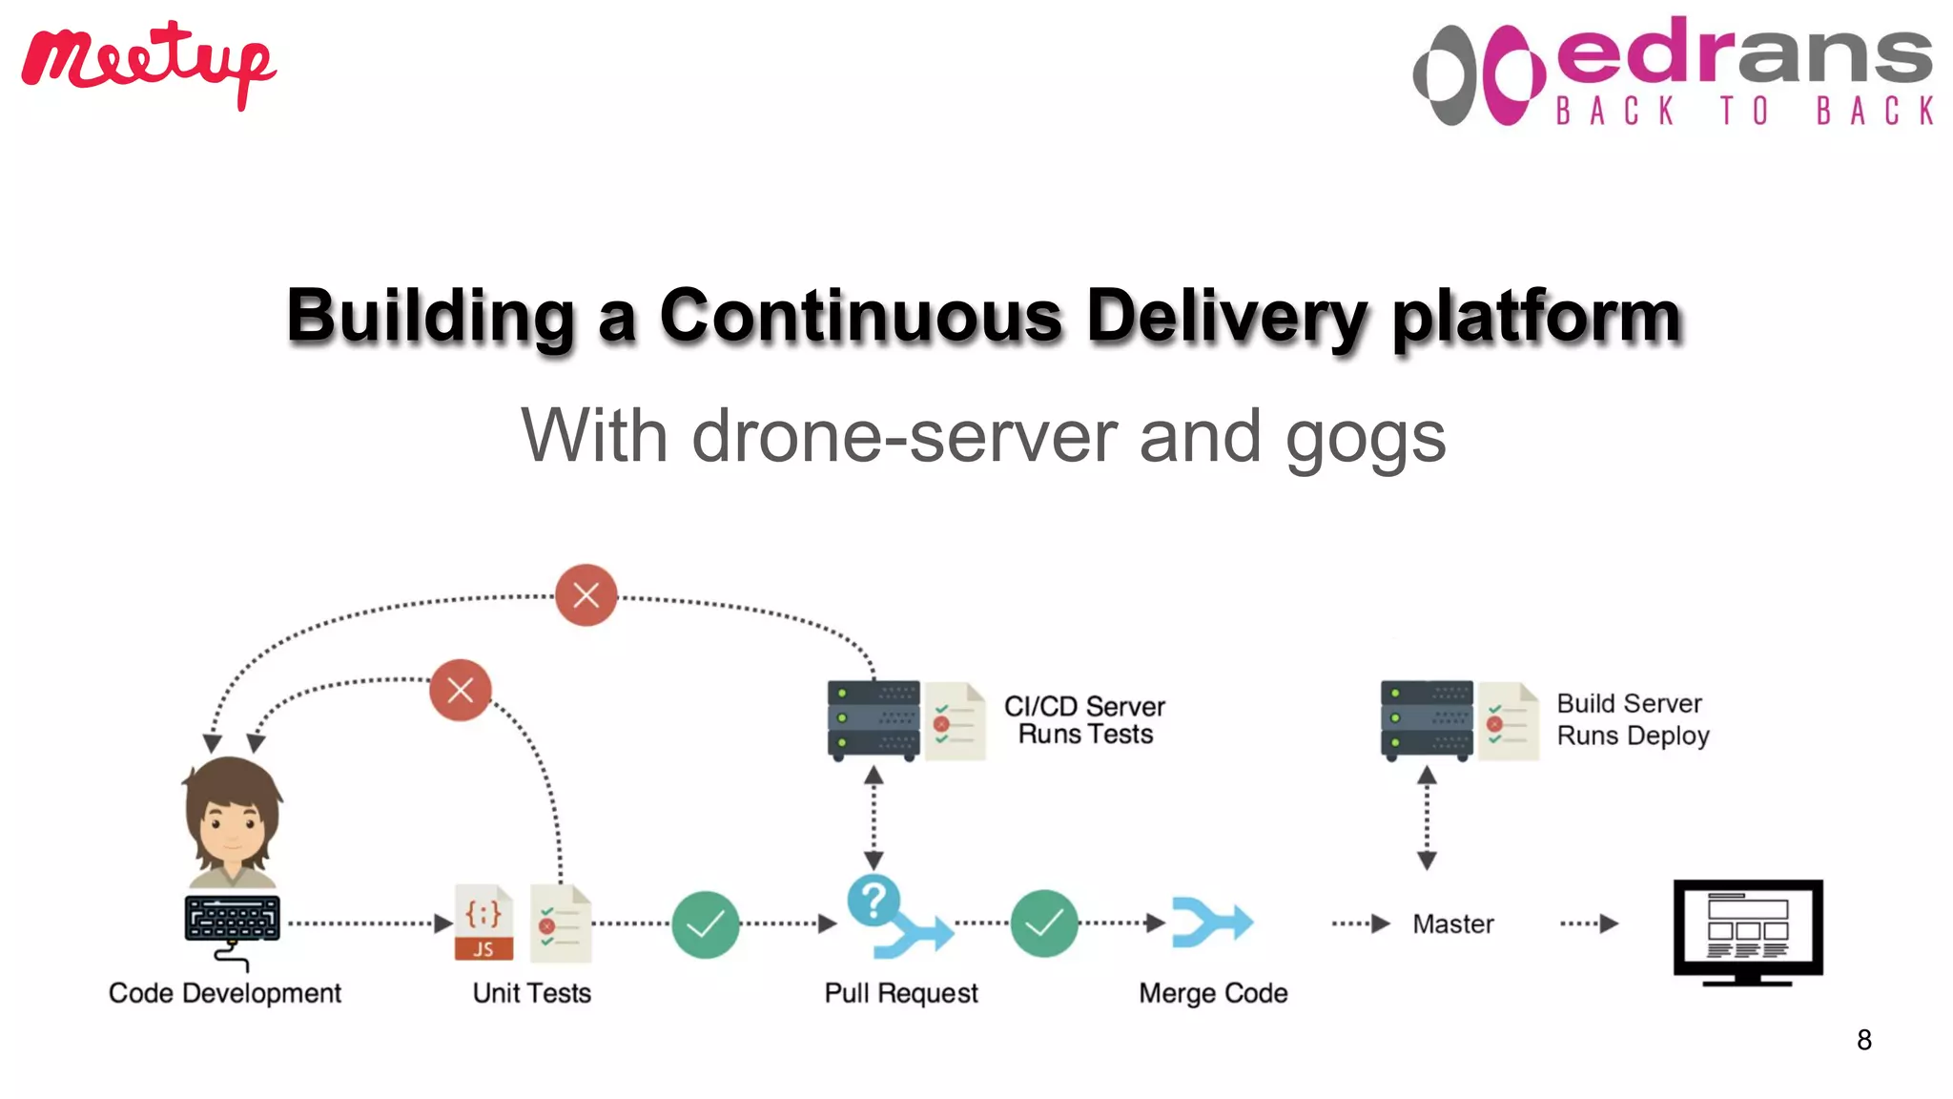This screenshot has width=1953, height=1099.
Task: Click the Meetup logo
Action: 148,62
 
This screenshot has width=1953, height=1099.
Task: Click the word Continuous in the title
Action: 860,316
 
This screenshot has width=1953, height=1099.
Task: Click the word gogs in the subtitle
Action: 1365,437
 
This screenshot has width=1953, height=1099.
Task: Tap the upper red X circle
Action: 586,595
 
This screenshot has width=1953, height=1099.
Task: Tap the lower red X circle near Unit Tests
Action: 460,690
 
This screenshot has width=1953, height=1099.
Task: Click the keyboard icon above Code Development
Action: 232,919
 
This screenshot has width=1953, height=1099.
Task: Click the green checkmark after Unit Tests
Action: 705,923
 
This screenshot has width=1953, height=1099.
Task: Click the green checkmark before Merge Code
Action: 1044,923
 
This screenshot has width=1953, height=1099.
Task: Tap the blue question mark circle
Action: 873,899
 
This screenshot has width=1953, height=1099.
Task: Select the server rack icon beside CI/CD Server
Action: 874,720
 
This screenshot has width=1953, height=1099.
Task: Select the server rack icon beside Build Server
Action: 1426,720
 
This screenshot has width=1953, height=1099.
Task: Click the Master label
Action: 1452,923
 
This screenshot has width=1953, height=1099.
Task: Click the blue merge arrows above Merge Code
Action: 1211,923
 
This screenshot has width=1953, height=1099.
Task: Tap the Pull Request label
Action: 901,993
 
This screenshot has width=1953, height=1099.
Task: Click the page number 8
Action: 1863,1040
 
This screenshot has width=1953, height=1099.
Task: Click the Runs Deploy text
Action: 1633,736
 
